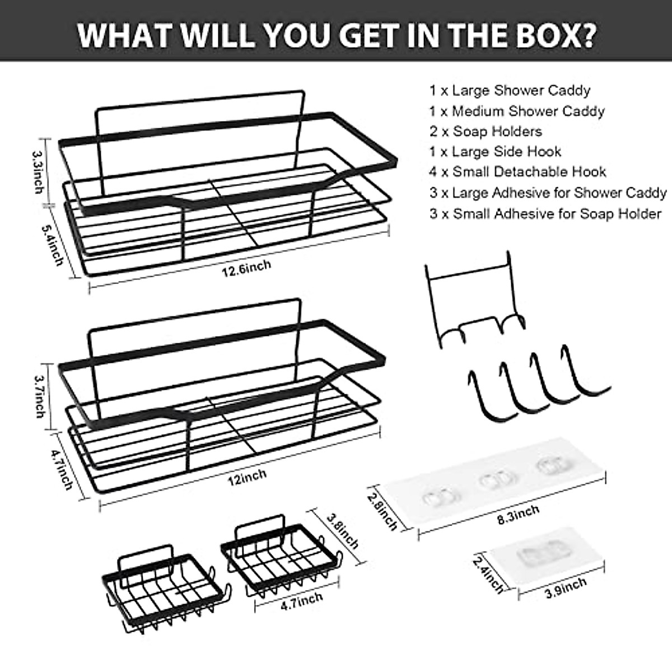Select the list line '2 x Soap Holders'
click(x=486, y=132)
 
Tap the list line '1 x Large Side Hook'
click(x=495, y=152)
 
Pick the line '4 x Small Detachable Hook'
click(x=518, y=172)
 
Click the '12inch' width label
click(x=246, y=476)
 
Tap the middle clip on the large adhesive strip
click(x=492, y=480)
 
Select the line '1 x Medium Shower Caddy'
click(x=517, y=111)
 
